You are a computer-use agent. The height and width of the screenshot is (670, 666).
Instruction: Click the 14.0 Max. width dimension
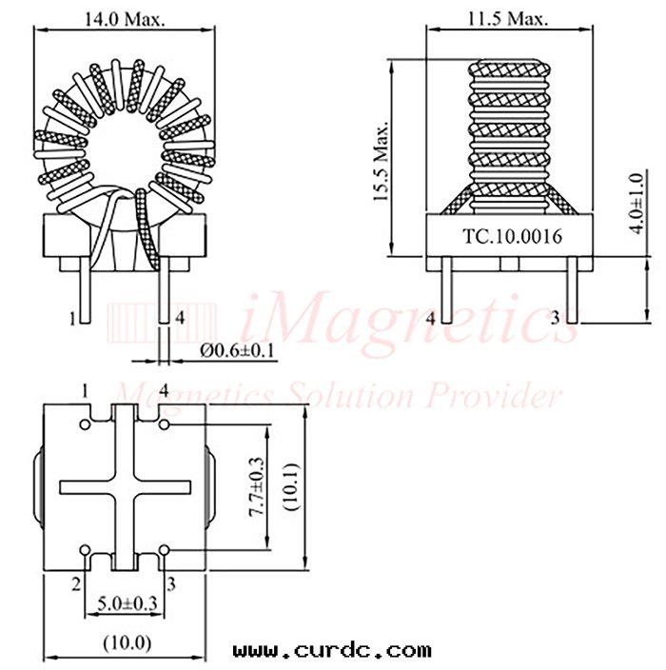coord(125,20)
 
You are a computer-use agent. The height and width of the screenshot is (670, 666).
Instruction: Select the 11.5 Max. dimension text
coord(508,19)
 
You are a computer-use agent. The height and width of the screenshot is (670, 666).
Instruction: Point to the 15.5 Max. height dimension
coord(381,161)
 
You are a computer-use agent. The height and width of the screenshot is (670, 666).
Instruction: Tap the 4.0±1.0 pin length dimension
coord(637,203)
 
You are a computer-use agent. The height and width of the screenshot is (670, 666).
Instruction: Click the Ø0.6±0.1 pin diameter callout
coord(237,351)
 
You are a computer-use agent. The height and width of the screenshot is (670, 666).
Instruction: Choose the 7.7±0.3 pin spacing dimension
coord(257,487)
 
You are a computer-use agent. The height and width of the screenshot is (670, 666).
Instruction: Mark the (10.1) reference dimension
coord(292,486)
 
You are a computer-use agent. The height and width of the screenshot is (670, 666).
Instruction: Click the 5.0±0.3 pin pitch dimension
coord(127,603)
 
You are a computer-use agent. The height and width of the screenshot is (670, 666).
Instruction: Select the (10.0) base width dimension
coord(127,642)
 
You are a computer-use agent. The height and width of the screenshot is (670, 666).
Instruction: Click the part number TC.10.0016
coord(512,236)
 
